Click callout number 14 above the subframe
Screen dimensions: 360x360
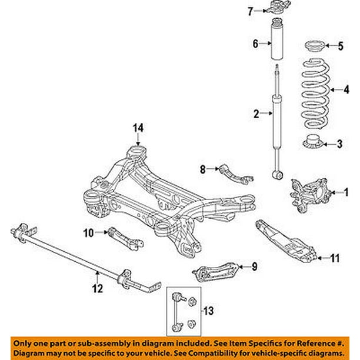point(138,127)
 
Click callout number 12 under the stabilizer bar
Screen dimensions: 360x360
point(98,288)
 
